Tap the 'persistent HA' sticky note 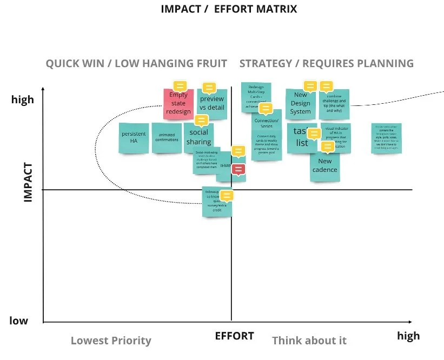click(x=134, y=137)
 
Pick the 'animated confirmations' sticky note click(x=167, y=137)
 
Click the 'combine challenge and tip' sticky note click(x=334, y=104)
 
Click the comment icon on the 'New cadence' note click(x=327, y=146)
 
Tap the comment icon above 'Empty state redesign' click(x=180, y=86)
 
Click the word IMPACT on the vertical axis click(x=28, y=183)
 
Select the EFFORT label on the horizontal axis click(x=234, y=336)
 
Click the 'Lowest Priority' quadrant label click(x=111, y=341)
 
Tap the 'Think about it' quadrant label click(x=309, y=341)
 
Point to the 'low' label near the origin click(x=18, y=321)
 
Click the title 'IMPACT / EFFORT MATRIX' click(x=229, y=9)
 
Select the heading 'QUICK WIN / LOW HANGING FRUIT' click(x=136, y=63)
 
